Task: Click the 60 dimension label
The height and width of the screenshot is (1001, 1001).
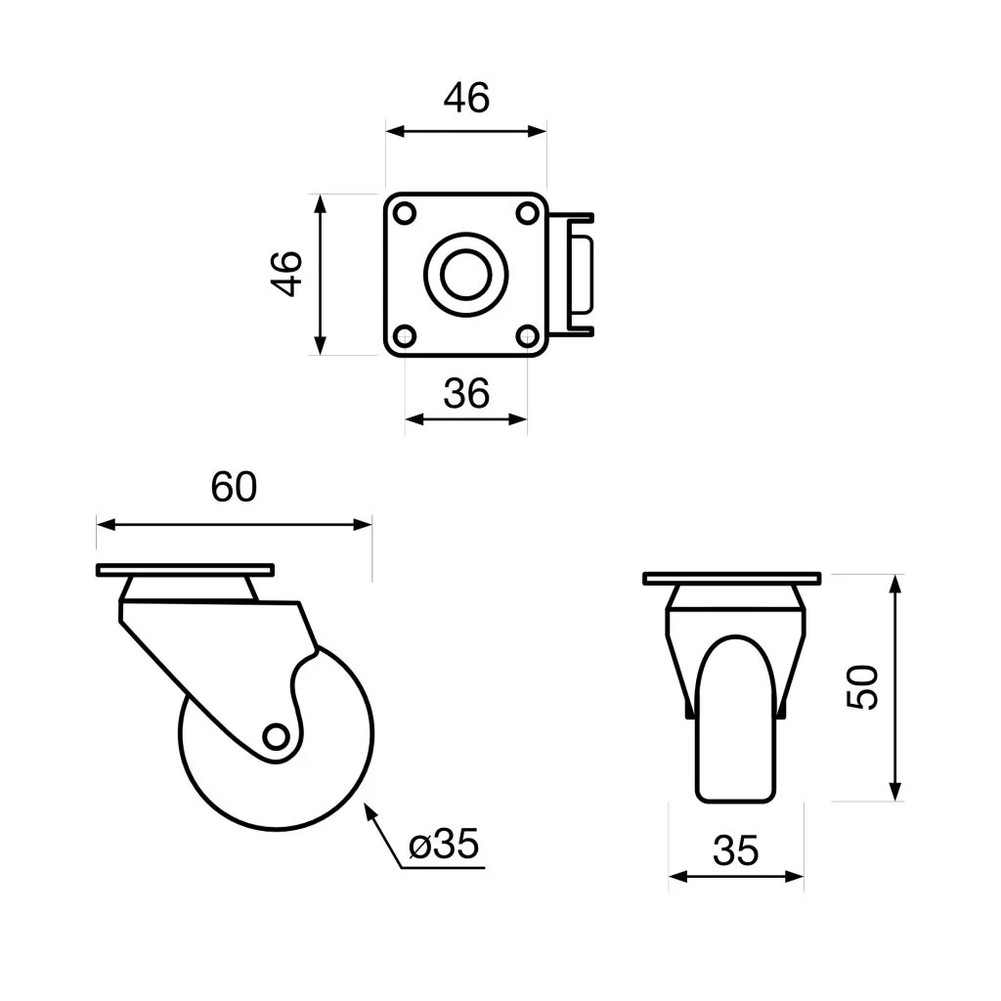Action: (x=235, y=487)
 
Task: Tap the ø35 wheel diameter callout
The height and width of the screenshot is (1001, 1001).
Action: (x=446, y=845)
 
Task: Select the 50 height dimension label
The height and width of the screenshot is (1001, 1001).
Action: (x=864, y=686)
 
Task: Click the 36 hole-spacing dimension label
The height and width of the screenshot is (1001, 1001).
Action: (x=466, y=393)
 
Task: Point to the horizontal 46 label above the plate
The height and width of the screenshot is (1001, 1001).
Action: (x=466, y=98)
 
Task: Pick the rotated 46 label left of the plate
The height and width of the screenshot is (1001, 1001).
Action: (x=287, y=274)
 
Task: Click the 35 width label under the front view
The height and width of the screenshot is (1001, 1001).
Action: (x=735, y=851)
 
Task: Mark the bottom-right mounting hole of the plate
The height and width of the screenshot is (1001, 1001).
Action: (x=528, y=336)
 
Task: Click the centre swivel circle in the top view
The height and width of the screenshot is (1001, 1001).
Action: (x=466, y=275)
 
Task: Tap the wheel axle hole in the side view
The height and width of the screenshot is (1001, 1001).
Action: (x=277, y=736)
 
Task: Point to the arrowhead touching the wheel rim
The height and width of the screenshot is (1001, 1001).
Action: (x=370, y=809)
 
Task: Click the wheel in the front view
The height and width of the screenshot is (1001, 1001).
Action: (x=736, y=723)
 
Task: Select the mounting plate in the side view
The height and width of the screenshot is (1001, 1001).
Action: (x=185, y=570)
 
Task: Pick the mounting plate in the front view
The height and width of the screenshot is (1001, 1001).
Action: (x=731, y=578)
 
